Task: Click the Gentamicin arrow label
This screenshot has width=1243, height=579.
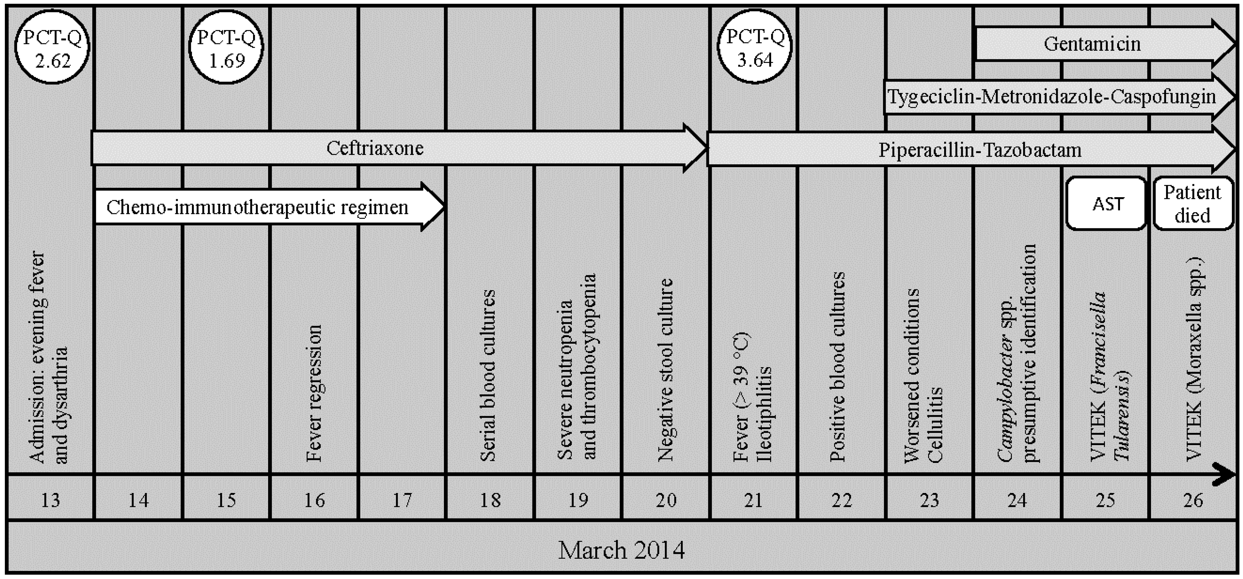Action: tap(1092, 44)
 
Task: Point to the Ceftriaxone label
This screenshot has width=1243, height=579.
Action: tap(375, 148)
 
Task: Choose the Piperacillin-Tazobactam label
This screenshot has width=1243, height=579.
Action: tap(979, 150)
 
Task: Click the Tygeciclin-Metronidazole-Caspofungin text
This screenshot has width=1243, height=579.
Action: tap(1051, 97)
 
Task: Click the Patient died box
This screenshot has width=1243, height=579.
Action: tap(1192, 203)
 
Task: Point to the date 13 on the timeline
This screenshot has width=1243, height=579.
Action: tap(50, 500)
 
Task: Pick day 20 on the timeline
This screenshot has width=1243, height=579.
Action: tap(666, 500)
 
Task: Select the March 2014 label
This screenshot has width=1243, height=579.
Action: tap(621, 550)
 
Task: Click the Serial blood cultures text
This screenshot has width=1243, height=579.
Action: tap(488, 376)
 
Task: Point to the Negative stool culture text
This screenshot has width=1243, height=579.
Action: tap(666, 370)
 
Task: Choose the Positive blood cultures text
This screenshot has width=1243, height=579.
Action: tap(838, 367)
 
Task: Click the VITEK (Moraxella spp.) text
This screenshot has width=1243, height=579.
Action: tap(1195, 359)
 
